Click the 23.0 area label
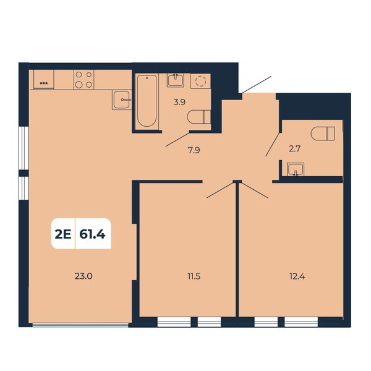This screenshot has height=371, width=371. pyautogui.click(x=83, y=276)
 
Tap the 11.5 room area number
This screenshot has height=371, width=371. pyautogui.click(x=194, y=276)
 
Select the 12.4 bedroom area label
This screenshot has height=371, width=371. pyautogui.click(x=297, y=276)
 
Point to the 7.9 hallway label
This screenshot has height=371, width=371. pyautogui.click(x=194, y=150)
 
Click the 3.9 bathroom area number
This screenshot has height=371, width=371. pyautogui.click(x=179, y=102)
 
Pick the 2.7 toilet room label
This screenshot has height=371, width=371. pyautogui.click(x=294, y=149)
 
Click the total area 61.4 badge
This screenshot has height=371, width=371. pyautogui.click(x=93, y=234)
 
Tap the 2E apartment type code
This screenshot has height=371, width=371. pyautogui.click(x=63, y=234)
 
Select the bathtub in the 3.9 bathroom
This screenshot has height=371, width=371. pyautogui.click(x=147, y=101)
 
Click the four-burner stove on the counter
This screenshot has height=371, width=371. pyautogui.click(x=83, y=80)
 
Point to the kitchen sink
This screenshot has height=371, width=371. pyautogui.click(x=122, y=100)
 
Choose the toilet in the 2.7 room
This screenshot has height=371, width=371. pyautogui.click(x=323, y=134)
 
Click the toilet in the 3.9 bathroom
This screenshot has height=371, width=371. pyautogui.click(x=198, y=117)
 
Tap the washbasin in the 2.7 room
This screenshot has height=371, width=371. pyautogui.click(x=296, y=169)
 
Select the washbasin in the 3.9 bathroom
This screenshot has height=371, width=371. pyautogui.click(x=176, y=80)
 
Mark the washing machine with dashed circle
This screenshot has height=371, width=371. pyautogui.click(x=200, y=81)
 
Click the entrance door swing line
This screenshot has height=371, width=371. pyautogui.click(x=257, y=85)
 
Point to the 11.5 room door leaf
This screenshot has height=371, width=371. pyautogui.click(x=220, y=190)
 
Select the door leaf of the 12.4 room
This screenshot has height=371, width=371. pyautogui.click(x=255, y=190)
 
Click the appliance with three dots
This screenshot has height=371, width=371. pyautogui.click(x=44, y=80)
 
